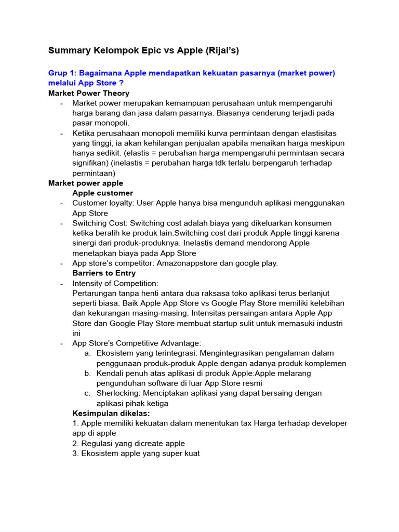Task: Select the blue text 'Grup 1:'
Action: (62, 73)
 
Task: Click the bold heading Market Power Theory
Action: (89, 93)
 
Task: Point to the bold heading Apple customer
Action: (102, 193)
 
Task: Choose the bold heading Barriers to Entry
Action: (104, 273)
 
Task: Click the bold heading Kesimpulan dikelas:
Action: (111, 414)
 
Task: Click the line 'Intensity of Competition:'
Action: (115, 283)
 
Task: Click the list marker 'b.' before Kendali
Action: (88, 374)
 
